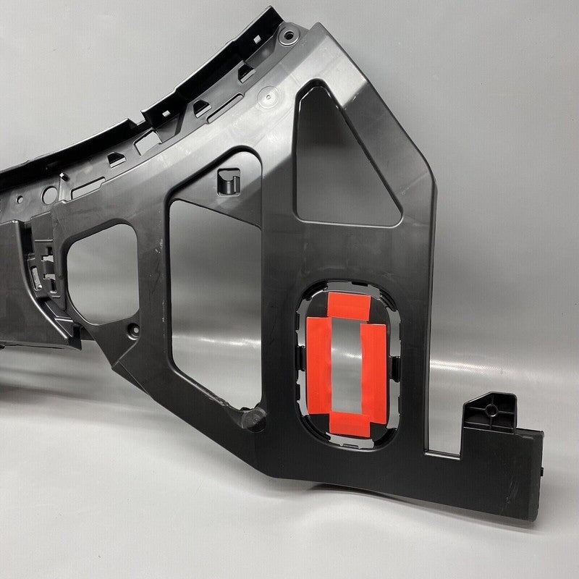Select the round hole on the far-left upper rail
coord(48,194)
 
